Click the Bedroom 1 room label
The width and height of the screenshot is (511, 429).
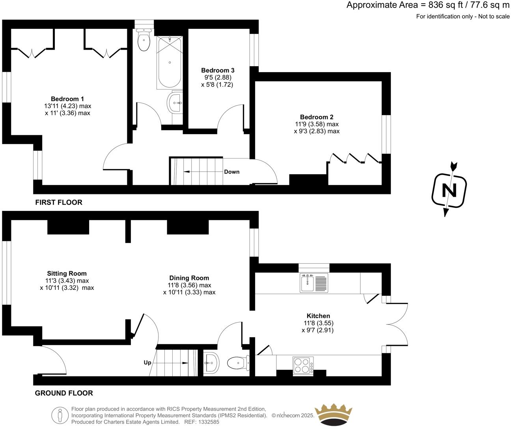pyautogui.click(x=67, y=99)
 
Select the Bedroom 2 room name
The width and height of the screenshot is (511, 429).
pyautogui.click(x=317, y=117)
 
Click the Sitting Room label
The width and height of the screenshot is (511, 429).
pyautogui.click(x=67, y=274)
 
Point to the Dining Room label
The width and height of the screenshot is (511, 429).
pyautogui.click(x=189, y=278)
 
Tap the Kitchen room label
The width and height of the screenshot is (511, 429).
pyautogui.click(x=318, y=316)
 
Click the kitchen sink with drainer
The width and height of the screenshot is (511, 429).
pyautogui.click(x=314, y=283)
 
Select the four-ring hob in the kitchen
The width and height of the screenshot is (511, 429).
pyautogui.click(x=303, y=365)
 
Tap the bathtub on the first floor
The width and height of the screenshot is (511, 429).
pyautogui.click(x=170, y=63)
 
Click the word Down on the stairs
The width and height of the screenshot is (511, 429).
pyautogui.click(x=231, y=172)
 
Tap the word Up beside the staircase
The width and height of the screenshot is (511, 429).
pyautogui.click(x=147, y=362)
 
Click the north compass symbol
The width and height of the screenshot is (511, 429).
pyautogui.click(x=449, y=190)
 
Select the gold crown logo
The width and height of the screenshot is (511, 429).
pyautogui.click(x=333, y=415)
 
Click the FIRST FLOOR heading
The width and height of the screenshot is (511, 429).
pyautogui.click(x=59, y=203)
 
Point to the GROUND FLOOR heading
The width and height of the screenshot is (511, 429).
pyautogui.click(x=64, y=393)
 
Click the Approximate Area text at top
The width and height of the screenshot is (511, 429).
pyautogui.click(x=428, y=5)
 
